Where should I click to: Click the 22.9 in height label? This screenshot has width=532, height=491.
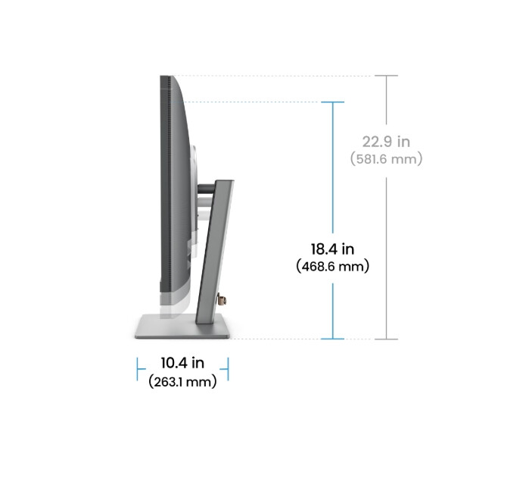386,142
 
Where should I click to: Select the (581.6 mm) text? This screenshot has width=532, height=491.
386,159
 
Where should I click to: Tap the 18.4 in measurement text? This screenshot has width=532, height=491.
333,249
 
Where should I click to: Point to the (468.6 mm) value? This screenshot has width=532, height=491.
333,267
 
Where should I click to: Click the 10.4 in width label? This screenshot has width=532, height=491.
182,364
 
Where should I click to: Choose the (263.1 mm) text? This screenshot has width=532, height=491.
182,381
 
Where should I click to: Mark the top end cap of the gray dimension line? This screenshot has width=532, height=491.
386,76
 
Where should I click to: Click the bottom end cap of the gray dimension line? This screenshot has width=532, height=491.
386,339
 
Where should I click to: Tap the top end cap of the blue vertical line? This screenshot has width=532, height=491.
333,102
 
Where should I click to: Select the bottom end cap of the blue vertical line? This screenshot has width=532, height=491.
333,339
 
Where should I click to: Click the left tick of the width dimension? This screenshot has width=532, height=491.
138,370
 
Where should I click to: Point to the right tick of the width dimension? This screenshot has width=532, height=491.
228,370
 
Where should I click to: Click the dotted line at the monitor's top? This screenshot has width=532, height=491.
280,76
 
